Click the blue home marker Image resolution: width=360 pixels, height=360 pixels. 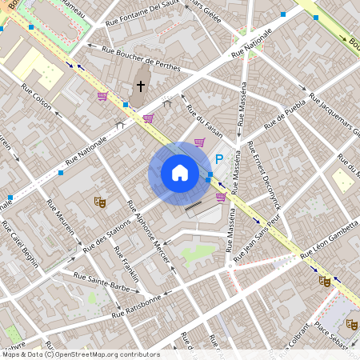tap(180, 172)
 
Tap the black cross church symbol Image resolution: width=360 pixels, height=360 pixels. tap(141, 85)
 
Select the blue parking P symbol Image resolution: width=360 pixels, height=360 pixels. tap(218, 159)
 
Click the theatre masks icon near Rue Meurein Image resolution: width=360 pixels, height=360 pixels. tap(100, 202)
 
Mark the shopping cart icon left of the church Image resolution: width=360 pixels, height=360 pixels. tap(102, 97)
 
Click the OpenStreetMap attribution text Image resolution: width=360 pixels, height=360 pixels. tap(80, 354)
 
